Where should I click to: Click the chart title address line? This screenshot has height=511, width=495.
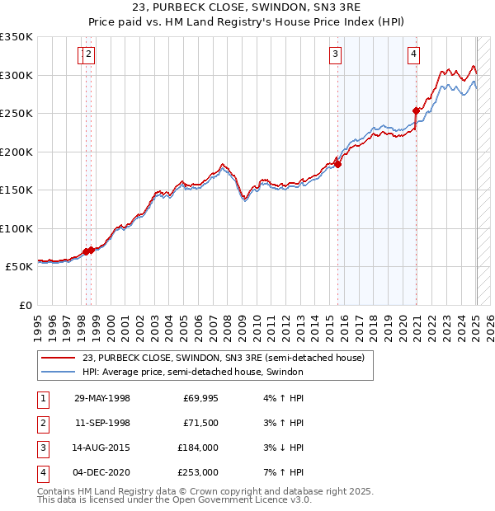click(247, 9)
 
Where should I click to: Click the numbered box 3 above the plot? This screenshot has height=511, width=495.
click(336, 55)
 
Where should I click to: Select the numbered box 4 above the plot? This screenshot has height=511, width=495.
click(412, 55)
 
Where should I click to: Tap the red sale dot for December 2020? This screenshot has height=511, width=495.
click(417, 109)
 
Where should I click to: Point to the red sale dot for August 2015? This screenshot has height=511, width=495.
click(338, 163)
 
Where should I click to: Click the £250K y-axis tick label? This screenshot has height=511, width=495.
click(16, 114)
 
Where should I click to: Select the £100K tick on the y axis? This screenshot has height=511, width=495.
click(16, 228)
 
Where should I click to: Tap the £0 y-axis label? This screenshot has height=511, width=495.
click(25, 305)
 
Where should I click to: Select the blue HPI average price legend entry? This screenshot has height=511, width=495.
click(193, 373)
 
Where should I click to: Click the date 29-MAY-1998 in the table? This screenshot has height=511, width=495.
click(101, 399)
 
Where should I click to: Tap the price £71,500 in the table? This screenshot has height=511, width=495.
click(200, 423)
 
